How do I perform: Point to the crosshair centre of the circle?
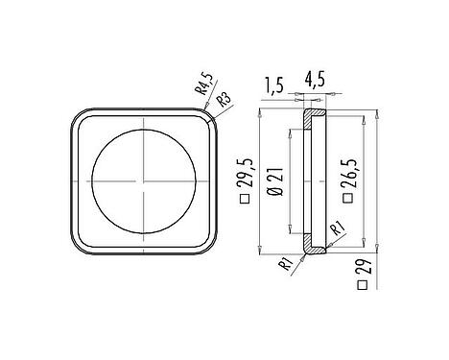[x=142, y=179]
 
